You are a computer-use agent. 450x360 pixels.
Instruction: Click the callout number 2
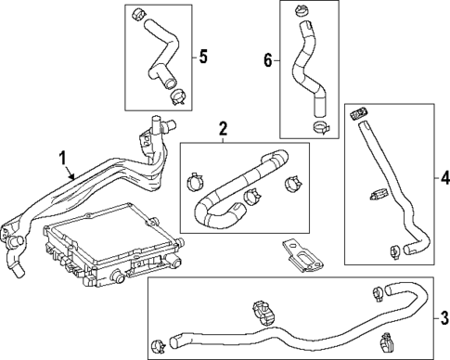tap(223, 128)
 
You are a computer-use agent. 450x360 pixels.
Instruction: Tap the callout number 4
tap(444, 176)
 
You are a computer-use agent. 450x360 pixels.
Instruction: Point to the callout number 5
tap(203, 55)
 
